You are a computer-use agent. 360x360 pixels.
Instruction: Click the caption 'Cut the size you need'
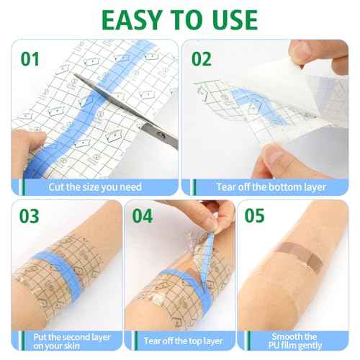click(x=94, y=186)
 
